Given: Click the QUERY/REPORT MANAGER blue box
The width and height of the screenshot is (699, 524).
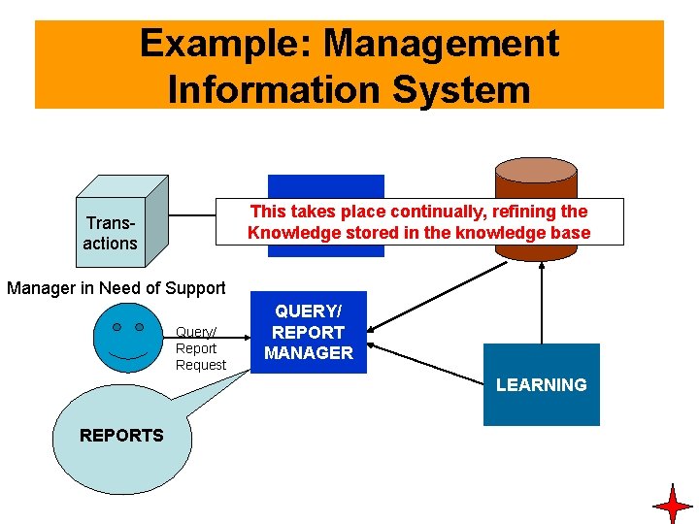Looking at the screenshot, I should point(309,332).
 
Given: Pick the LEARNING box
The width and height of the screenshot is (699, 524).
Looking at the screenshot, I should point(541,385).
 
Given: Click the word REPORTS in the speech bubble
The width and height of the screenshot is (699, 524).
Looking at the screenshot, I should point(121,436).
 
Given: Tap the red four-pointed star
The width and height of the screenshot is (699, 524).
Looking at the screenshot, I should point(673,506).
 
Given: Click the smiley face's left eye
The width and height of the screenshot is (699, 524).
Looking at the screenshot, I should point(116,328).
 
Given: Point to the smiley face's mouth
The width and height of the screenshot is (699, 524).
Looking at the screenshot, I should point(128,352).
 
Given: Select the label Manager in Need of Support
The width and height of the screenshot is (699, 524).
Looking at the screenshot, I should point(116,288).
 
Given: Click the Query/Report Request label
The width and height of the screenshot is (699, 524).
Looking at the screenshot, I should point(200,348).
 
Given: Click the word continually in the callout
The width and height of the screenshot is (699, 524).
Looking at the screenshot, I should point(439,212).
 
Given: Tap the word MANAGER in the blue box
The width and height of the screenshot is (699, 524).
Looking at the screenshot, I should point(309,353).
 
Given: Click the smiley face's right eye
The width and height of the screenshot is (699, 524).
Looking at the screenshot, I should point(140,328).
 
